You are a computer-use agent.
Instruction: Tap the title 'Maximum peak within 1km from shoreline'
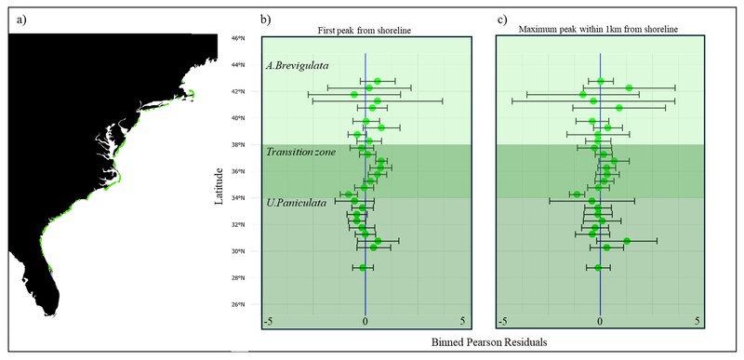599,32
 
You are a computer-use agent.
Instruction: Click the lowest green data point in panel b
363,268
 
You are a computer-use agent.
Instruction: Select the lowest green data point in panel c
598,268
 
